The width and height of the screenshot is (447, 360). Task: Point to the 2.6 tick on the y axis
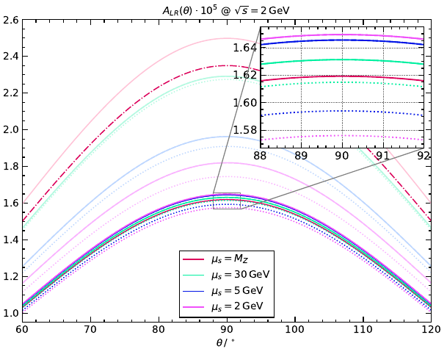[x=10, y=20]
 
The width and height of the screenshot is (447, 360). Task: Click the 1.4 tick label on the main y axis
[x=10, y=240]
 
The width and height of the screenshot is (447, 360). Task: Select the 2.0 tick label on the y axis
[x=10, y=130]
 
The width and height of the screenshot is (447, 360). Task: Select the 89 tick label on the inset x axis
[x=301, y=156]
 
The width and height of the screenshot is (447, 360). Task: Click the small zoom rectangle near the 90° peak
[x=227, y=201]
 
